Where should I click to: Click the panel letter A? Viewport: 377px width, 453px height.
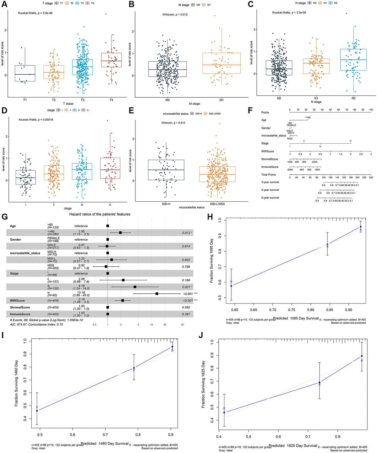(4, 4)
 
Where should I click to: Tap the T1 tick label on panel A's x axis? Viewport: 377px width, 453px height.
(25, 100)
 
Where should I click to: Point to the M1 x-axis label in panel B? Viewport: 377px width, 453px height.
(221, 100)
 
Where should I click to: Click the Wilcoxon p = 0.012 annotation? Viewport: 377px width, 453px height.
(175, 14)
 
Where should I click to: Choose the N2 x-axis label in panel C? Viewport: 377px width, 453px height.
(353, 98)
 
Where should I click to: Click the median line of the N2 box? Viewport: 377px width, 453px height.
(353, 60)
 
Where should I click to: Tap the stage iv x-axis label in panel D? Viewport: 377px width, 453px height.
(110, 205)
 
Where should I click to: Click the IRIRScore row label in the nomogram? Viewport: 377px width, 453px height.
(267, 151)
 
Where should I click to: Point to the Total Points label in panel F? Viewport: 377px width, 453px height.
(268, 175)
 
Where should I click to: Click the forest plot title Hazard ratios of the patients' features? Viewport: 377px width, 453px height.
(100, 214)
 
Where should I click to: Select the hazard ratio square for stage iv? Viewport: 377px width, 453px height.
(157, 294)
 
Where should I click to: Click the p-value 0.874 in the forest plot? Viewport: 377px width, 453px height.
(186, 246)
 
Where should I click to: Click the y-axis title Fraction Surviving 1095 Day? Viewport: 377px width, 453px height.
(211, 261)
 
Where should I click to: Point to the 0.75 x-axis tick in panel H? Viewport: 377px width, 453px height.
(292, 310)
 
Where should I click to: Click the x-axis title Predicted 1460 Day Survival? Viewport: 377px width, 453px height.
(105, 444)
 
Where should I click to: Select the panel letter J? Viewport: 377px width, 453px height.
(201, 335)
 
